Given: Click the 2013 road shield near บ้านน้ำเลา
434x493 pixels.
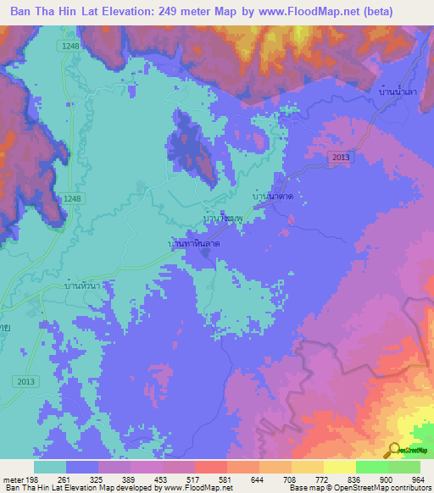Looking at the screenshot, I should point(340,158).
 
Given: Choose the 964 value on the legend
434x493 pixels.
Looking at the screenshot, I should point(419,479).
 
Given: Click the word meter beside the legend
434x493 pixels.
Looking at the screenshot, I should point(15,479).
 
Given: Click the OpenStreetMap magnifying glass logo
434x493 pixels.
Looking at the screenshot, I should point(393,450).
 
